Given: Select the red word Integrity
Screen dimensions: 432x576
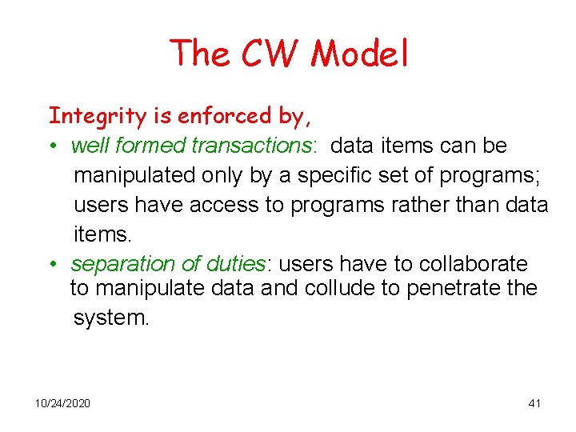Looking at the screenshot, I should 98,117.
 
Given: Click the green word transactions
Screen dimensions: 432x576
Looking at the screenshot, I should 254,146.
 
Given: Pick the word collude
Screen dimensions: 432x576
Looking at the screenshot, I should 342,288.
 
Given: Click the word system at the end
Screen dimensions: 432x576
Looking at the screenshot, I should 110,318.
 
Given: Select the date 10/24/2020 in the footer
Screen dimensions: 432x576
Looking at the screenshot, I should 62,403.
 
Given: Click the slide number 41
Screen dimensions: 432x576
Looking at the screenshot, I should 534,403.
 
